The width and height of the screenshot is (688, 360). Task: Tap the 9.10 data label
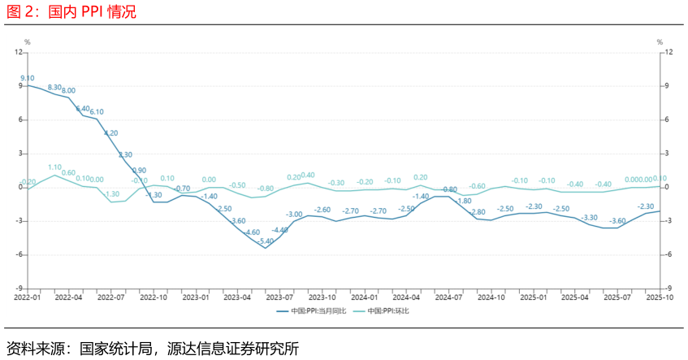tap(28, 78)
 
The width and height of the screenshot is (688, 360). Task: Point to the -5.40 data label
tap(266, 241)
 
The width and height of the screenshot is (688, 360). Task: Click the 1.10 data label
tap(55, 167)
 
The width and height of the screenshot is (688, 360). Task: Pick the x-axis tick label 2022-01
tap(27, 297)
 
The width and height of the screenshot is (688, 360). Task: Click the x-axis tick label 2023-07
tap(279, 297)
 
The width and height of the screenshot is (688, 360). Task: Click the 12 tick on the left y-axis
tap(18, 52)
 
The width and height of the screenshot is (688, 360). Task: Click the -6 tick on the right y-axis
tap(669, 254)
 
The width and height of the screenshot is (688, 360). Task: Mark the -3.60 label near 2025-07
tap(617, 221)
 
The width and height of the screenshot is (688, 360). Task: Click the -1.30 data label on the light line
tap(111, 194)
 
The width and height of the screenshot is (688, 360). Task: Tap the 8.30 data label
tap(55, 87)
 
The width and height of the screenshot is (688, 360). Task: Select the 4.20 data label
tap(111, 132)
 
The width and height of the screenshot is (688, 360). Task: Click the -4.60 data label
tap(252, 232)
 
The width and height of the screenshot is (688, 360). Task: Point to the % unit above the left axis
tap(27, 42)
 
